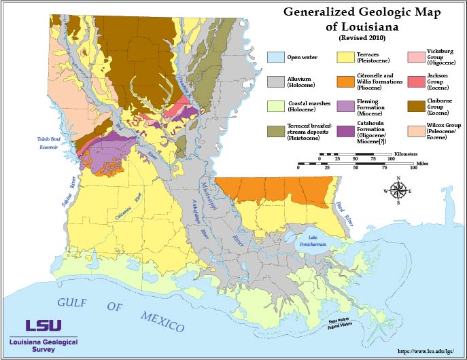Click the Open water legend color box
tap(275, 57)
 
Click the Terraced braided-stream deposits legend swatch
tap(275, 131)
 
